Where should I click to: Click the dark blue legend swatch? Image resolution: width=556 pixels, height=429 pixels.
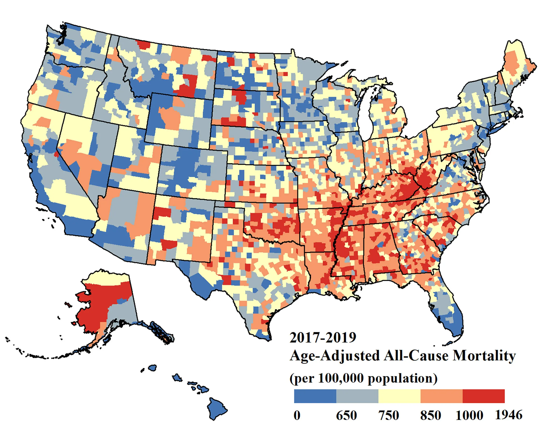(315, 396)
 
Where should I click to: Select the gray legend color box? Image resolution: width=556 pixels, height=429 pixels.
(357, 396)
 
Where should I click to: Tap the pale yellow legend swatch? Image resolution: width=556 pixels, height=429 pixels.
(399, 396)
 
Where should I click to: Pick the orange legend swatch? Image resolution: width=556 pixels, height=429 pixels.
(441, 396)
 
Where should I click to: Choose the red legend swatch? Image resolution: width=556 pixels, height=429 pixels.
(483, 396)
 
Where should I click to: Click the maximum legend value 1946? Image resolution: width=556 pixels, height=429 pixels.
(509, 415)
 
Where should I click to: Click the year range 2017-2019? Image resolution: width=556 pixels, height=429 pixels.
(322, 338)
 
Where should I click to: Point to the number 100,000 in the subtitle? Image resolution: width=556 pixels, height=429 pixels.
(341, 378)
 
